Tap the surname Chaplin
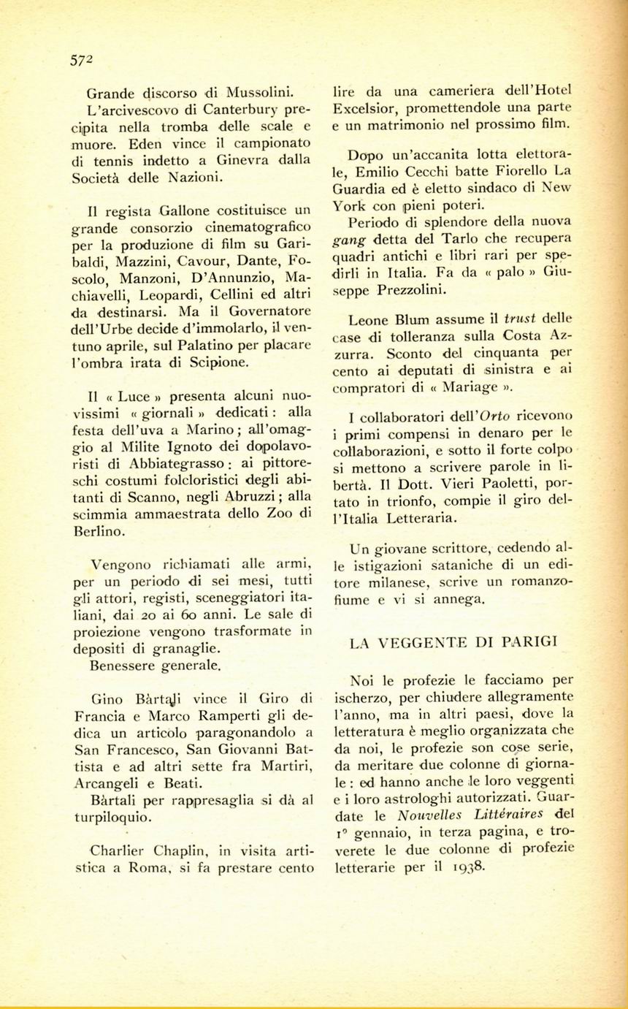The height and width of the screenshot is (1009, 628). pos(177,851)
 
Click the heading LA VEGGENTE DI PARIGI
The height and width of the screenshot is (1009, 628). pos(453,643)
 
